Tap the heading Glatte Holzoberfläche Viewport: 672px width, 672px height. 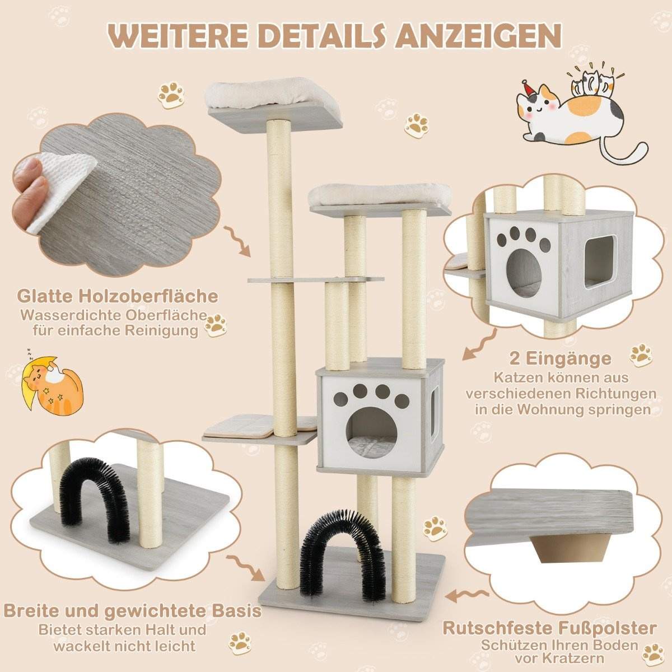[x=118, y=295]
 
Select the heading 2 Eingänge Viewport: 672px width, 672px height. [x=562, y=357]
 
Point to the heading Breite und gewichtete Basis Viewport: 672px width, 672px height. [x=132, y=610]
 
